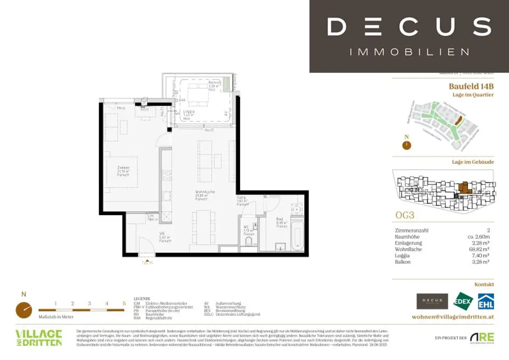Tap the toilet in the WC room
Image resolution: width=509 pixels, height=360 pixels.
pyautogui.click(x=249, y=242)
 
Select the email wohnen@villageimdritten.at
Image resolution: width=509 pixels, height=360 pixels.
pyautogui.click(x=453, y=317)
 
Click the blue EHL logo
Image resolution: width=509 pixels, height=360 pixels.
pyautogui.click(x=486, y=301)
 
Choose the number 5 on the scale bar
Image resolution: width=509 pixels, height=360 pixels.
pyautogui.click(x=124, y=303)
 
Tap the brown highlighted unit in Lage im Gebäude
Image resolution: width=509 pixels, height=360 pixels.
pyautogui.click(x=464, y=188)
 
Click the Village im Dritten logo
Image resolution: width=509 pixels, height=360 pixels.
pyautogui.click(x=39, y=338)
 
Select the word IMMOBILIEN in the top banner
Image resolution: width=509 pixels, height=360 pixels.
pyautogui.click(x=410, y=52)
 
